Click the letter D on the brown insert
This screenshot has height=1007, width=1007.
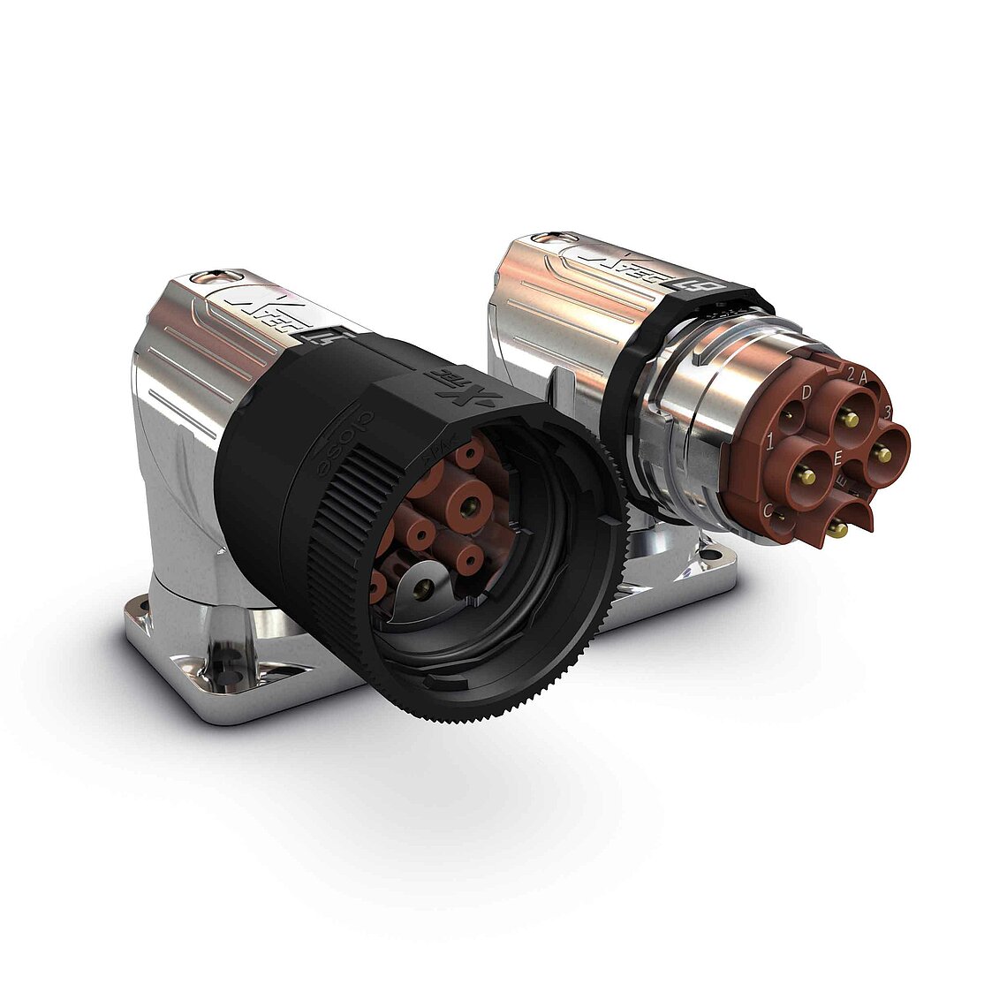(806, 391)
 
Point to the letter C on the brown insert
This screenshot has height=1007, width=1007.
(768, 510)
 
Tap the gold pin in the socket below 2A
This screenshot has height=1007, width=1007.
(851, 418)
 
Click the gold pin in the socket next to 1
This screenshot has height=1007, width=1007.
(806, 477)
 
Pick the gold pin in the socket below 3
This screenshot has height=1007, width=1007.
(881, 454)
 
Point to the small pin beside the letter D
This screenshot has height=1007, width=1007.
(789, 406)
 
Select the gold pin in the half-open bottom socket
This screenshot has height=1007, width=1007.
(837, 529)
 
